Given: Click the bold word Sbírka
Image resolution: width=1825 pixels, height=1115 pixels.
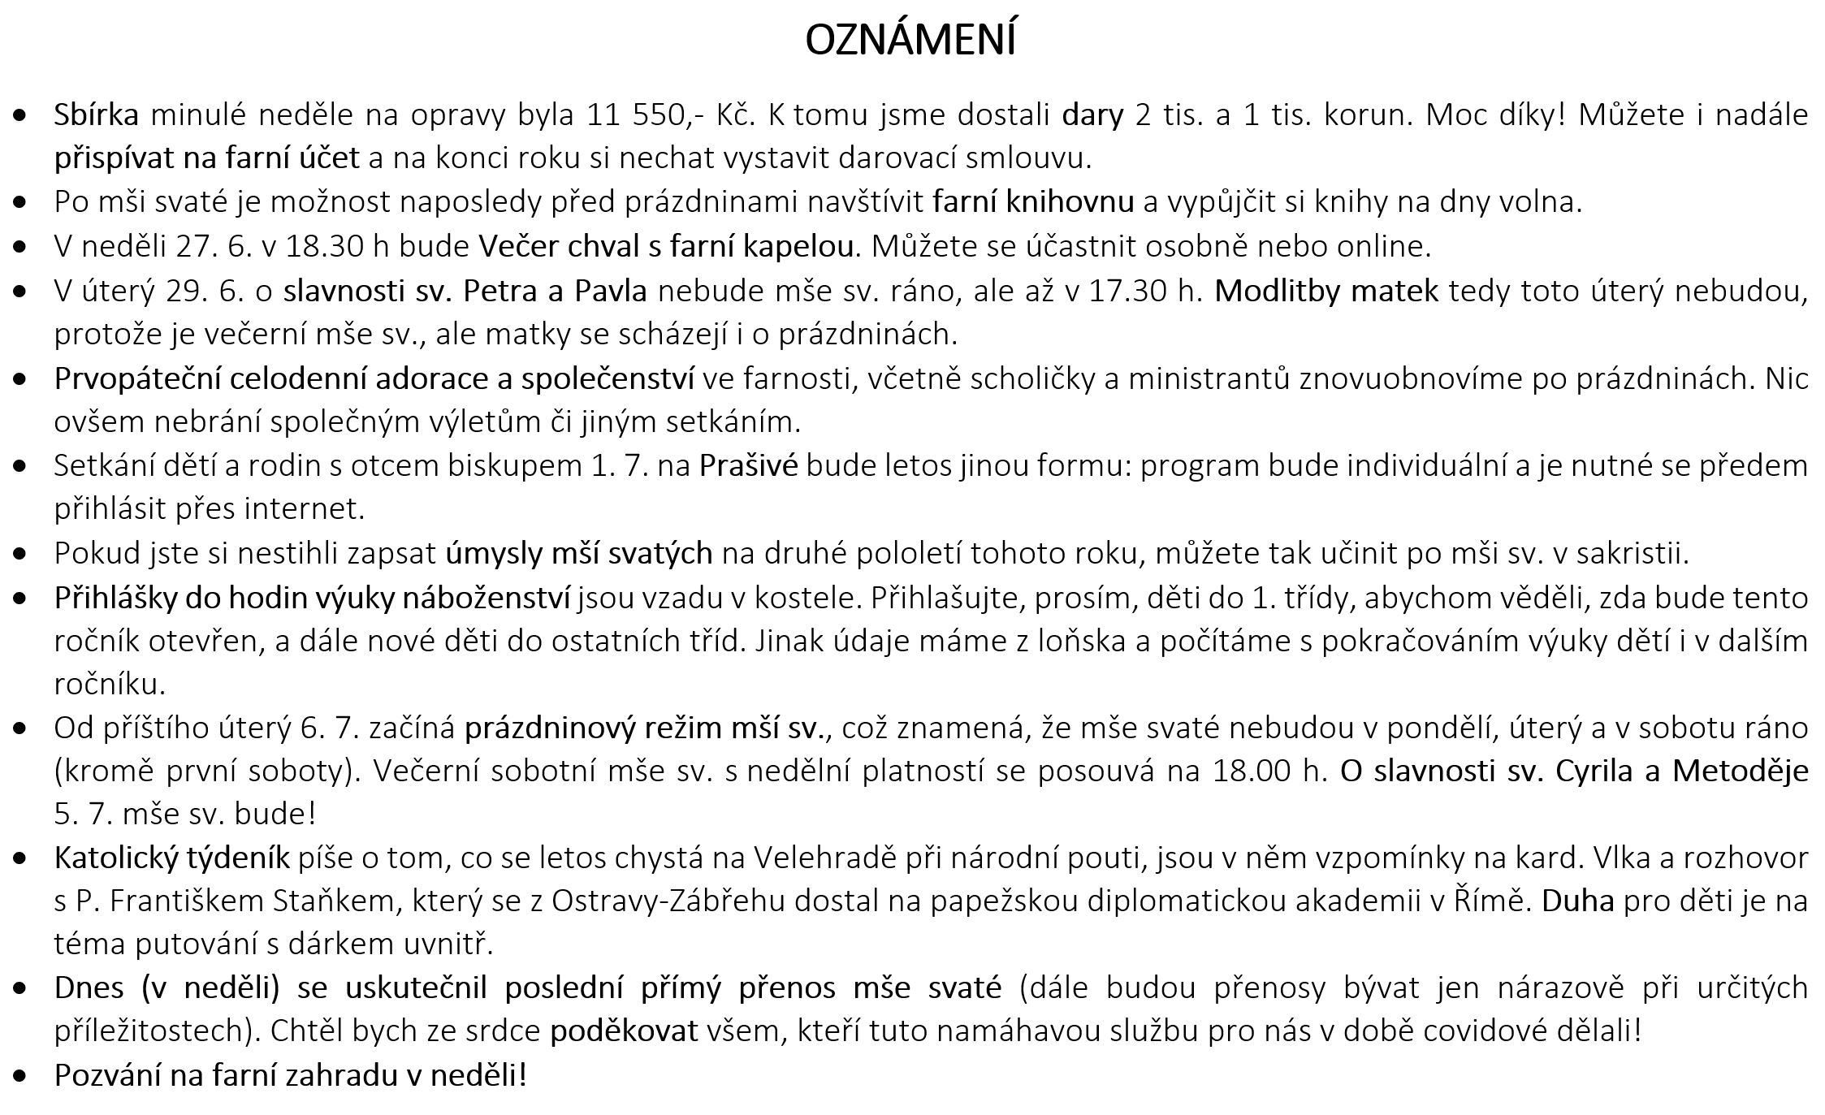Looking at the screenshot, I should [96, 115].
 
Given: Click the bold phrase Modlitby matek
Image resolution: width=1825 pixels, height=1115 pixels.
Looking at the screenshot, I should [1326, 290].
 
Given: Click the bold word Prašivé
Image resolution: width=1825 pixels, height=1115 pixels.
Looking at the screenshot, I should [748, 466].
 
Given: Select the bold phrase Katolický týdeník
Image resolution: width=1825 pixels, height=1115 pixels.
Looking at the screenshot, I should [171, 858].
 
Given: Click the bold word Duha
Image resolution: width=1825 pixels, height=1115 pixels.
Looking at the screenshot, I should [1577, 901].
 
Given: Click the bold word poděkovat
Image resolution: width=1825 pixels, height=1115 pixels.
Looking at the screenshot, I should [624, 1031].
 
